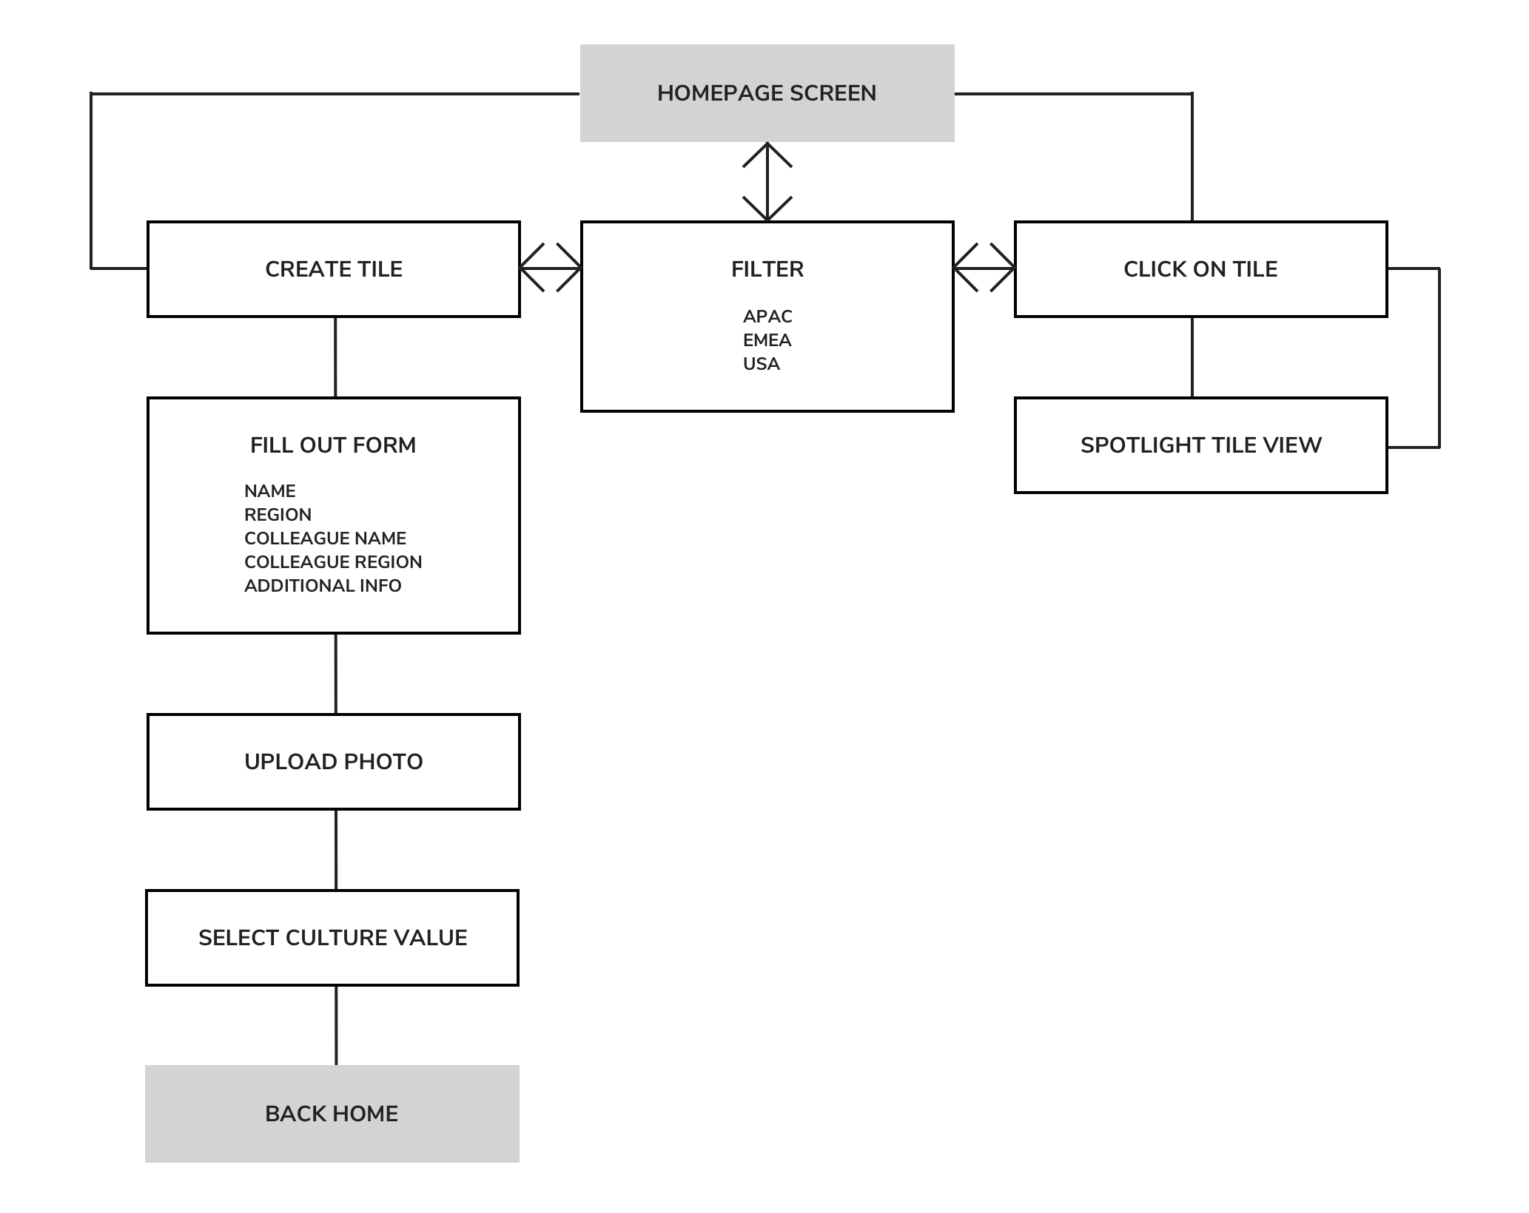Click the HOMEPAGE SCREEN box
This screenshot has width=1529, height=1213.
point(767,93)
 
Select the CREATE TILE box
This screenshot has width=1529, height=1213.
point(334,269)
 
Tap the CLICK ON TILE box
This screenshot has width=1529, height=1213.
point(1200,269)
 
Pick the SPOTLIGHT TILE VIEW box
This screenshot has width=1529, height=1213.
point(1200,445)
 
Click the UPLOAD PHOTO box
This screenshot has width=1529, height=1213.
point(334,762)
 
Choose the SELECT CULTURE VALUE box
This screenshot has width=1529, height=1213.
point(332,938)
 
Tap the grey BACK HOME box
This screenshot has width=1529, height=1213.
point(332,1114)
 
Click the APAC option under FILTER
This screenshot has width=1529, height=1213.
point(767,317)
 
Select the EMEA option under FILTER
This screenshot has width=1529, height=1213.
point(767,340)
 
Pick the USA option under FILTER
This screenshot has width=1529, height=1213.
point(762,364)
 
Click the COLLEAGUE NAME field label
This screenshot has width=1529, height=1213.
point(325,538)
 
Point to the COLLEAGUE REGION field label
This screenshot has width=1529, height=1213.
point(333,562)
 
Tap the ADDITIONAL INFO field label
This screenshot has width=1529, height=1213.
point(323,586)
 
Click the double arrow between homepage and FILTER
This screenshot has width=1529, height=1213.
point(767,182)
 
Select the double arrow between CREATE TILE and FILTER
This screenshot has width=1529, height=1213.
point(551,268)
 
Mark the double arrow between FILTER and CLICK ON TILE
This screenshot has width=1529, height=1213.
point(984,268)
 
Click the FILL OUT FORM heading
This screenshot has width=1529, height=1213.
point(333,445)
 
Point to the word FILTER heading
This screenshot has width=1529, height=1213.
point(767,269)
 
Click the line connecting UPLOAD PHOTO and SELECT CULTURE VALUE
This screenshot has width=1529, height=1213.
point(336,850)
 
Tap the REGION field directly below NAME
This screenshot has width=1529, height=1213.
point(278,515)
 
